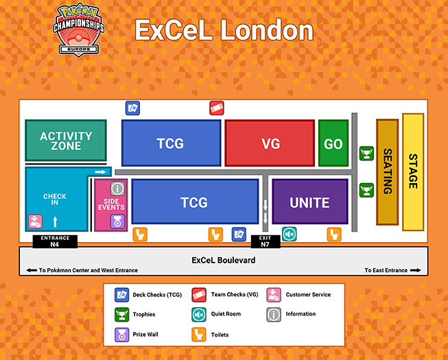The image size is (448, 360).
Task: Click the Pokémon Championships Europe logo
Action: point(79,30)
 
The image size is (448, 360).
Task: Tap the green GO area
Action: point(333,143)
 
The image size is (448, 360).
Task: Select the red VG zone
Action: point(270,143)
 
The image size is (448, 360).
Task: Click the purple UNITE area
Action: point(310,202)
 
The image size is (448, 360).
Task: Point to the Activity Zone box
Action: point(66,141)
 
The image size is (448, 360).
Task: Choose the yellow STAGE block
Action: point(413,172)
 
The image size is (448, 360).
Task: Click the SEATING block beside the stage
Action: point(388,172)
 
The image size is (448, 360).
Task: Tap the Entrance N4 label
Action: point(55,241)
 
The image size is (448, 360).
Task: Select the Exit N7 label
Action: point(265,241)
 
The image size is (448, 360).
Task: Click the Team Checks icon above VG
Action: point(217,108)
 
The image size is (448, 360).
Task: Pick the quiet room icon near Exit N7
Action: point(289,234)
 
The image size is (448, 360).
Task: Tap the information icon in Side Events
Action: point(117,189)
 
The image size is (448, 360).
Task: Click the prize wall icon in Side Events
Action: point(117,221)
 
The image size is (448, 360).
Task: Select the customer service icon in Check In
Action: point(35,221)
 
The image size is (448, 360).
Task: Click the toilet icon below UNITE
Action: point(334,235)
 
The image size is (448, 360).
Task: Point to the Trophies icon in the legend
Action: point(121,315)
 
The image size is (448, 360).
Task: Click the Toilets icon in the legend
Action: point(199,335)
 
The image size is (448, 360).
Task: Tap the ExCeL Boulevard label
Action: point(224,261)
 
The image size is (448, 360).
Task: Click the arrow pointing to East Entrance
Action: point(416,270)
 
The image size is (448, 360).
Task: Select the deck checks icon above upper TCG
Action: point(132,108)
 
